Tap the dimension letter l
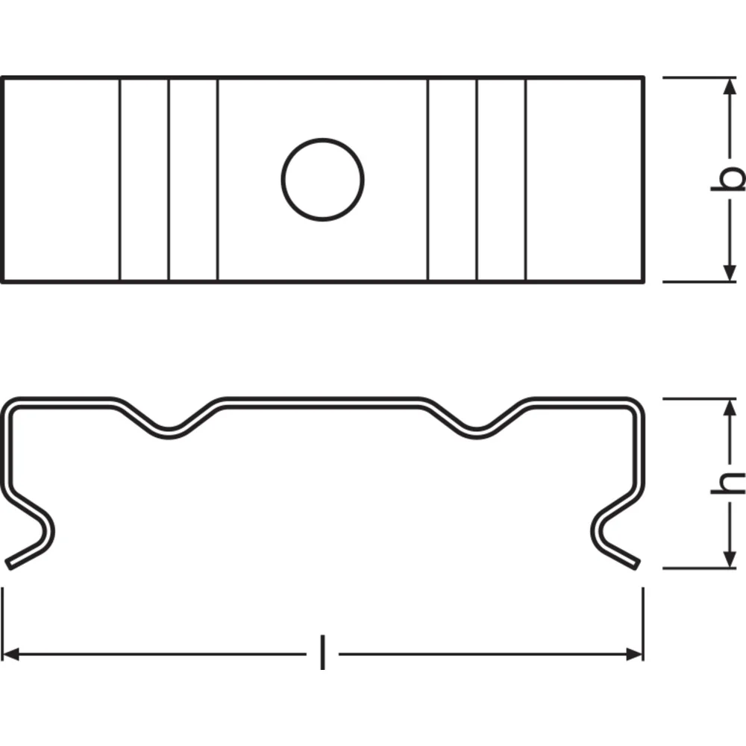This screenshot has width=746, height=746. coord(322,652)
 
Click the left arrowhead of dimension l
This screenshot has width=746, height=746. coord(11,654)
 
